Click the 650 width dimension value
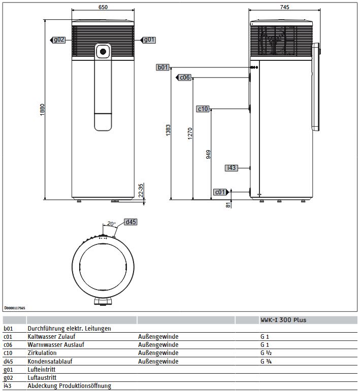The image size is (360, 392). tap(103, 7)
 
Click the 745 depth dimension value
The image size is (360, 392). tap(284, 7)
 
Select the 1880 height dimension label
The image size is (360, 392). tap(43, 110)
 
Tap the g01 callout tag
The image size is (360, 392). tap(148, 40)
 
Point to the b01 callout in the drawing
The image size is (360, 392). tap(162, 67)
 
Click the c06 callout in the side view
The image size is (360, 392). tap(184, 78)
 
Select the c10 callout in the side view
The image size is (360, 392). tap(203, 109)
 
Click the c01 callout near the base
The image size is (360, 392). tap(220, 192)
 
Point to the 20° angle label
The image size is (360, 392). tap(110, 224)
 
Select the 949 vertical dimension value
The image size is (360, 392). tap(208, 155)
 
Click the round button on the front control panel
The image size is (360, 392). tap(103, 51)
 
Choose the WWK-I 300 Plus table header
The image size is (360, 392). tap(283, 320)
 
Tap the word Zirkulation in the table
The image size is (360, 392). tap(42, 353)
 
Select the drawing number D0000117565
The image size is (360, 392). tap(15, 308)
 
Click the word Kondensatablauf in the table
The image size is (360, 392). tap(49, 361)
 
